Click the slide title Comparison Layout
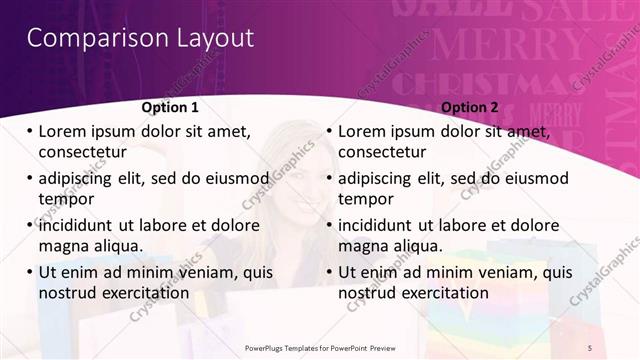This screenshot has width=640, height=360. click(140, 39)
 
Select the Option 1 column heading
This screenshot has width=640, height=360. click(170, 107)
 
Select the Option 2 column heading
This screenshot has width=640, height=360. click(469, 107)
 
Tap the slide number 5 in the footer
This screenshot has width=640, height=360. click(589, 346)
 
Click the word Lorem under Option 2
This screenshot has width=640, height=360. click(366, 131)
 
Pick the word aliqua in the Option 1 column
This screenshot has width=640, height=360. click(117, 246)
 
